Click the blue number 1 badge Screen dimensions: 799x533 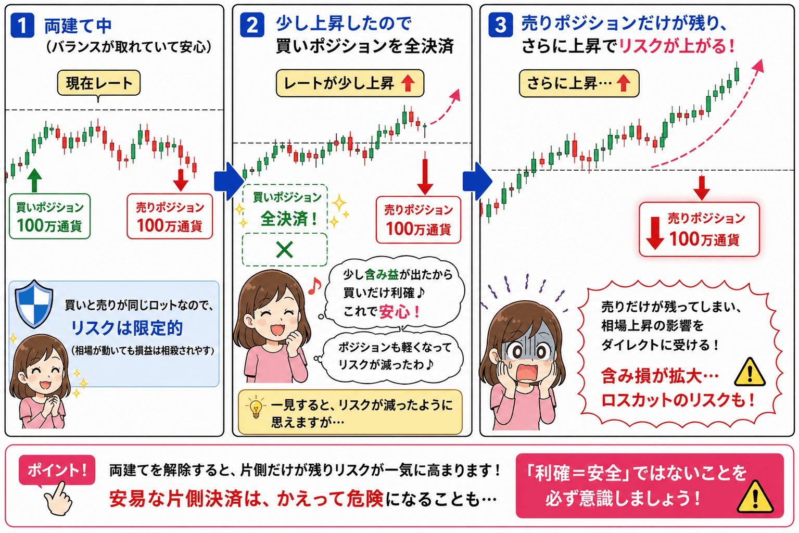22,26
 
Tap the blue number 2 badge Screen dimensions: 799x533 252,25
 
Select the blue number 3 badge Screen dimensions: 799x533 500,25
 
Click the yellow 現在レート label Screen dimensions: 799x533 99,83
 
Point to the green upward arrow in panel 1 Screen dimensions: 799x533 34,180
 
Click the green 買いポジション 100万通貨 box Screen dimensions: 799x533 49,216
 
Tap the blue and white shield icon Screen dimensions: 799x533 34,304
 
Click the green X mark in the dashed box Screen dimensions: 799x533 284,250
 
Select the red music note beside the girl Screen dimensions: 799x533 314,286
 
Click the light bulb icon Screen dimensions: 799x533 256,408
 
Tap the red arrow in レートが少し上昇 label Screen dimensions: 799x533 408,83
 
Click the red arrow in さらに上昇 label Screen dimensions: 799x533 623,83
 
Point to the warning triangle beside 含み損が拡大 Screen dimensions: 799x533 750,373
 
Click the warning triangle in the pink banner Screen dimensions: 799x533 755,497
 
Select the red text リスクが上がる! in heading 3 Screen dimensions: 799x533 677,46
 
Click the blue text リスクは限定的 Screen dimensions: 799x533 126,328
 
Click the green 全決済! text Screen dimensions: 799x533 289,219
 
